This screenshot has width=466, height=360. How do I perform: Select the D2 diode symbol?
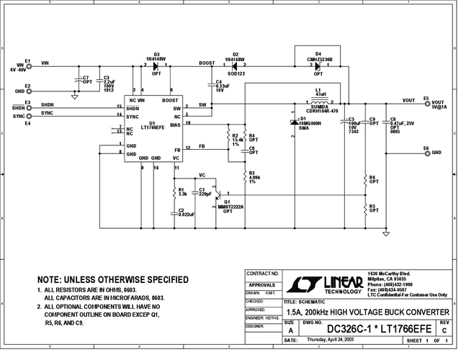[233, 66]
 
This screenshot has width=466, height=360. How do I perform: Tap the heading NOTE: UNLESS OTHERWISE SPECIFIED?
[113, 279]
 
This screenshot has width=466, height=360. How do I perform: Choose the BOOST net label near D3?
[206, 63]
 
